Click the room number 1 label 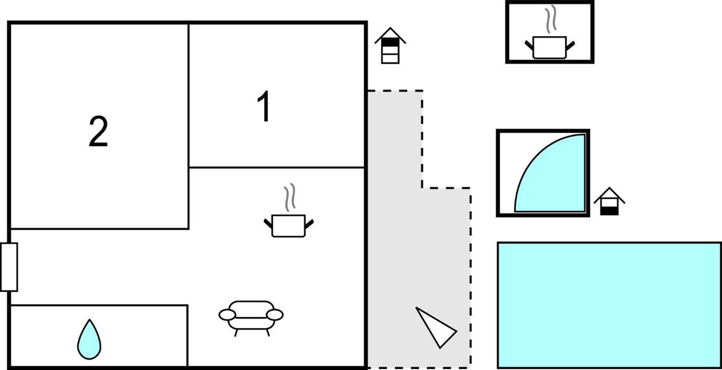click(264, 106)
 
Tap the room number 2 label click(98, 131)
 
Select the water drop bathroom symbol click(89, 340)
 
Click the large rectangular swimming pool click(609, 305)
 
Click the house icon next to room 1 click(390, 46)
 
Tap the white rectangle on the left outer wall click(9, 267)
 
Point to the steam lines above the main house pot click(290, 197)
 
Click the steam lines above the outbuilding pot click(551, 19)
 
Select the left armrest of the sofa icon click(227, 315)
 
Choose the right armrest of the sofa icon click(275, 315)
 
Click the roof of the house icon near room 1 click(390, 35)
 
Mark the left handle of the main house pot click(268, 223)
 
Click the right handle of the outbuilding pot click(570, 46)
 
